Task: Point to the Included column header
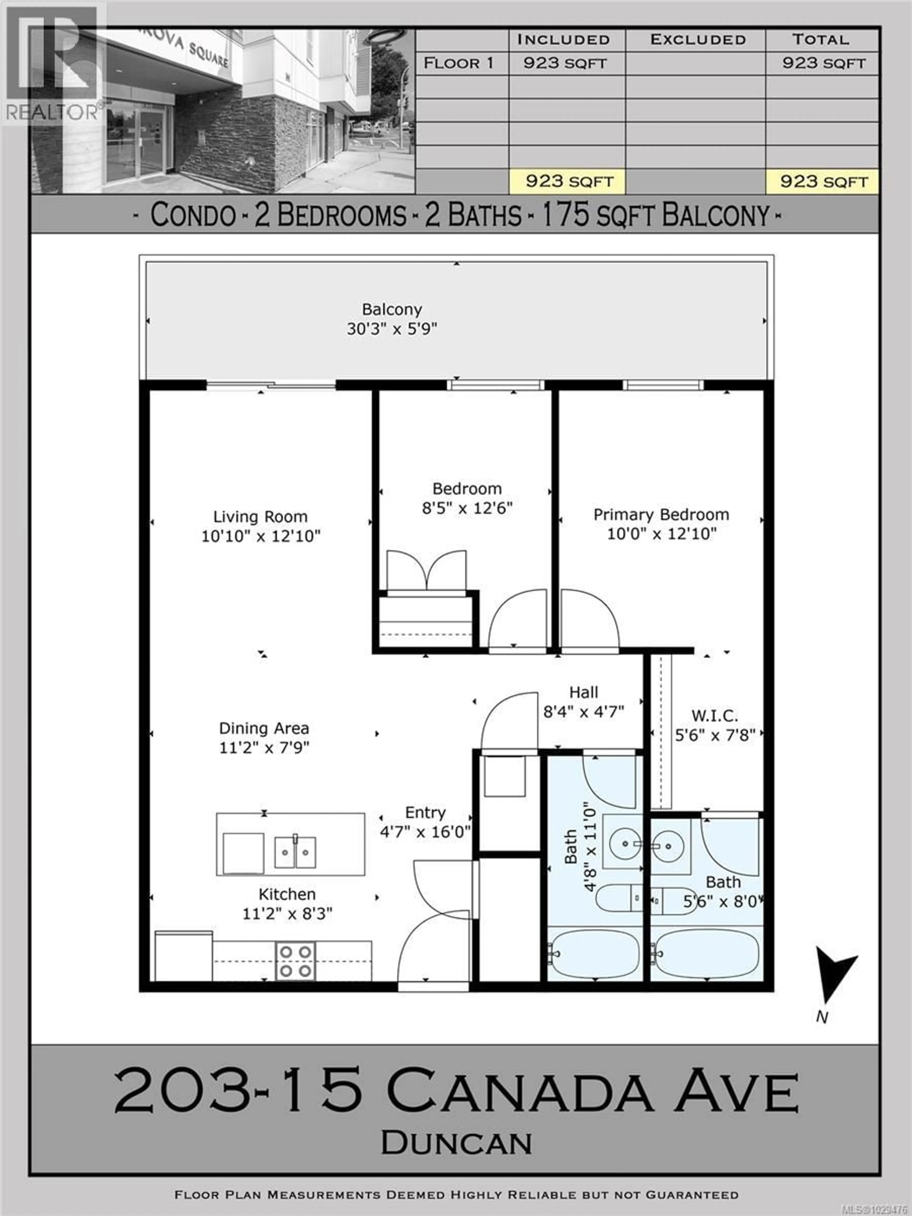pyautogui.click(x=564, y=40)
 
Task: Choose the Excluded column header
pyautogui.click(x=698, y=40)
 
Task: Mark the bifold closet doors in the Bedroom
pyautogui.click(x=426, y=572)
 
